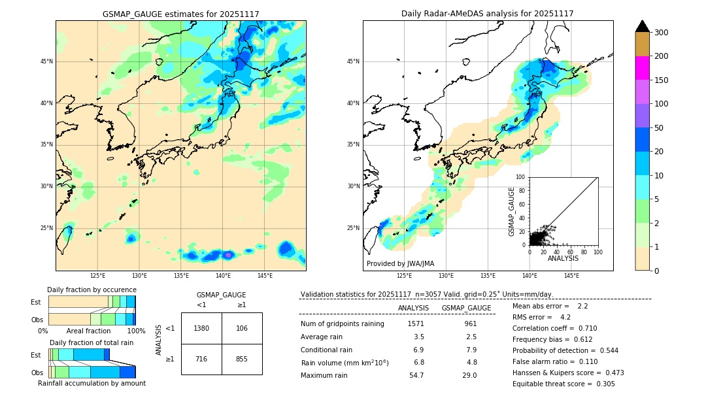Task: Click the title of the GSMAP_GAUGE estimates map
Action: [x=180, y=14]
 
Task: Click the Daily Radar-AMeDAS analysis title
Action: [x=488, y=14]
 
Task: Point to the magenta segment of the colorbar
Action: [x=642, y=68]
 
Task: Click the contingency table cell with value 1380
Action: [x=201, y=328]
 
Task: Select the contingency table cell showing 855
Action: [x=242, y=359]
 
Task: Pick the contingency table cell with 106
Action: [x=242, y=328]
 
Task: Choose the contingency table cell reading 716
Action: [x=201, y=359]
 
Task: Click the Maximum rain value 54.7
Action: [x=416, y=375]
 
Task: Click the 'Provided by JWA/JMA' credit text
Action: [x=400, y=264]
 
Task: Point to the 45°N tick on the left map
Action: [x=46, y=61]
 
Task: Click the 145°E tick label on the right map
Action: [x=571, y=276]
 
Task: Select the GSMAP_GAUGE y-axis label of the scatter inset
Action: [x=512, y=211]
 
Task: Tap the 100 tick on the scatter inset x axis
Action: [x=597, y=252]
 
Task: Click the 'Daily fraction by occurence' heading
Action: [x=92, y=290]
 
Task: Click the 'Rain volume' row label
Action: [x=345, y=363]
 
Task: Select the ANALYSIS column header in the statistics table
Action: [x=413, y=308]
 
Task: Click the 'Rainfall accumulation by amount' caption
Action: [x=92, y=384]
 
